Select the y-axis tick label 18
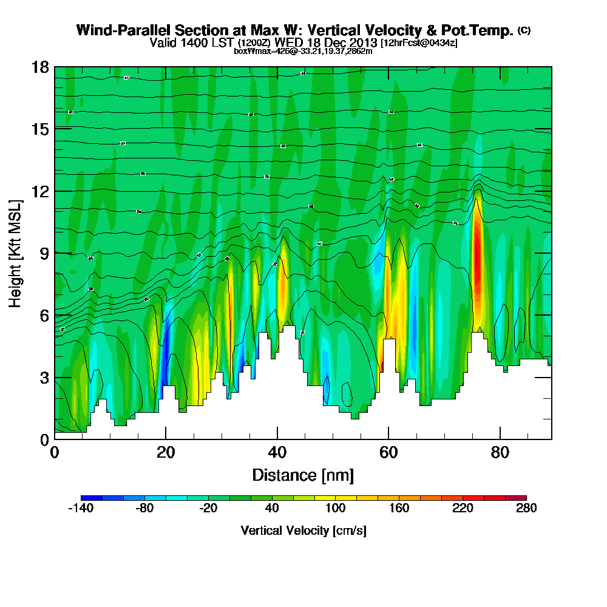(x=40, y=67)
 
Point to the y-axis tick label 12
(x=40, y=191)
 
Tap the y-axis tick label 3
(x=44, y=377)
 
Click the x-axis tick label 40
(x=277, y=453)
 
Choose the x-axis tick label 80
(x=500, y=453)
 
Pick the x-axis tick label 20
(x=166, y=453)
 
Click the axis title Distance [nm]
(x=303, y=475)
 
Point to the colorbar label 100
(x=335, y=509)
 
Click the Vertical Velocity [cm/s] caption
(x=303, y=531)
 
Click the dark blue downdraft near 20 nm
(x=167, y=340)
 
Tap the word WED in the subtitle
(x=287, y=42)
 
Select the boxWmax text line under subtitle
(x=303, y=51)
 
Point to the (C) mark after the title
(x=524, y=30)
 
